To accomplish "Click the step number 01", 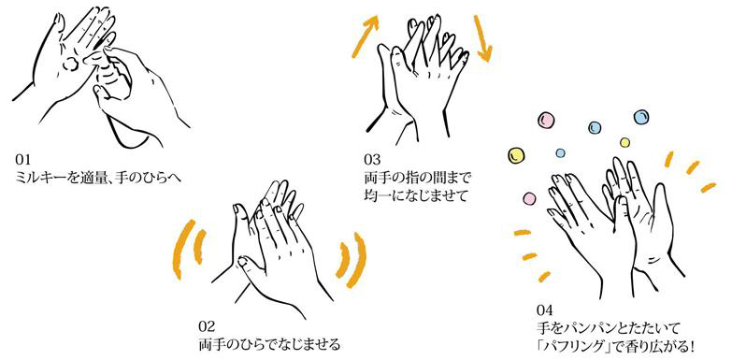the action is coord(22,160).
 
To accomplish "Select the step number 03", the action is coord(371,160).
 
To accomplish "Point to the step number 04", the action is coord(545,310).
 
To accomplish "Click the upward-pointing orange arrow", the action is coord(366,35).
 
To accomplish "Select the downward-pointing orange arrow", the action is coord(482,38).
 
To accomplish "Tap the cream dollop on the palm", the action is coord(71,64).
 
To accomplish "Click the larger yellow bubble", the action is coord(516,155).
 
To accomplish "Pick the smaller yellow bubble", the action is coord(624,141).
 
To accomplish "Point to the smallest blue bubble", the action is coord(560,152).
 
